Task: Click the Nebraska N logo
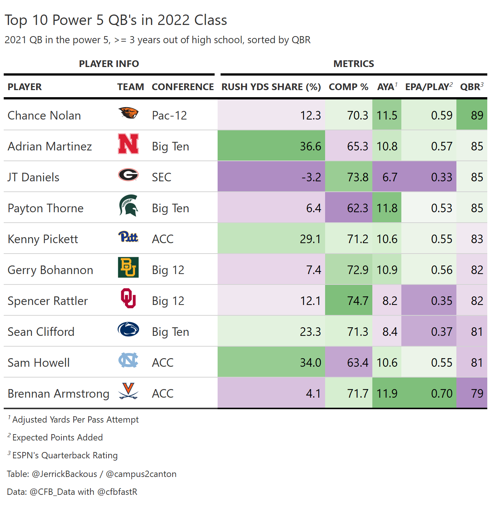coord(128,144)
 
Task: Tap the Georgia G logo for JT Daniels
coord(128,175)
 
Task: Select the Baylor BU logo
coord(128,267)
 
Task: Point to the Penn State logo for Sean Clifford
coord(128,329)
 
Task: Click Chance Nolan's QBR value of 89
coord(477,115)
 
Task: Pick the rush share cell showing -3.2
coord(311,177)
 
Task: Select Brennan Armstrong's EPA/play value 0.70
coord(442,394)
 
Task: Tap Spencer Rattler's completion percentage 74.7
coord(357,301)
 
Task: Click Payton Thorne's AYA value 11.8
coord(387,208)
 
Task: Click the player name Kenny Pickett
coord(43,239)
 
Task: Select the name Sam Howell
coord(39,363)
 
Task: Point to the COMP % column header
coord(349,87)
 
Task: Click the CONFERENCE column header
coord(183,87)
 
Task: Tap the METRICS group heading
coord(353,64)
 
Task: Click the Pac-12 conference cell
coord(169,115)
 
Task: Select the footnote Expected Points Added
coord(58,437)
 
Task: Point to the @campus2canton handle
coord(141,474)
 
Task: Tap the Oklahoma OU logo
coord(128,298)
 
